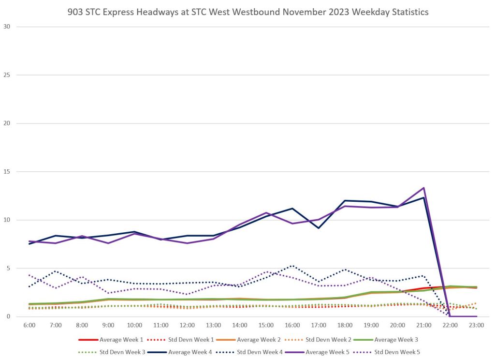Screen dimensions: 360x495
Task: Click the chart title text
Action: point(247,12)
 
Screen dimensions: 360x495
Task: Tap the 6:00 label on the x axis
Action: point(29,325)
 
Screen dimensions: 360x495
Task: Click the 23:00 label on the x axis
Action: point(477,325)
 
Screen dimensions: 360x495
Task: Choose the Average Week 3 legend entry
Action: point(374,339)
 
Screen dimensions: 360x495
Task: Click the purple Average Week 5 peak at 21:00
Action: point(423,188)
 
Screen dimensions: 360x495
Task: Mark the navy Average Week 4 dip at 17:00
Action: point(319,228)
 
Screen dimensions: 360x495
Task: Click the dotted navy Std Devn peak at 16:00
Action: point(292,266)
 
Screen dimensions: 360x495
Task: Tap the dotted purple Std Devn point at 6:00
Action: point(29,275)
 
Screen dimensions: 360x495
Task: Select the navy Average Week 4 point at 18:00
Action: point(345,200)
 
